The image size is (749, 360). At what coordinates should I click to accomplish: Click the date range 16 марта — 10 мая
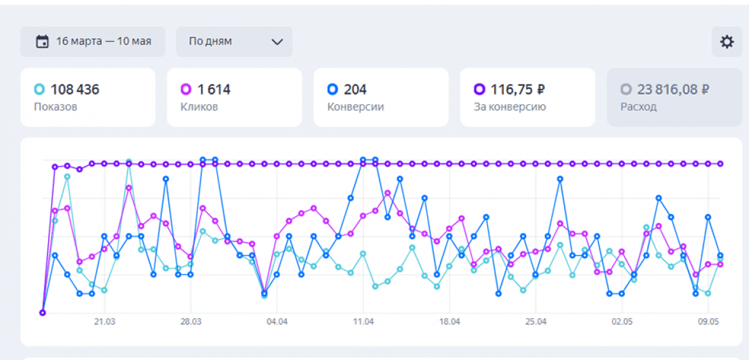tap(103, 42)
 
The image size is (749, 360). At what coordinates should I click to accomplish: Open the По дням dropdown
tap(234, 42)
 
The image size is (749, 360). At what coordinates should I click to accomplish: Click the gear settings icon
tap(727, 42)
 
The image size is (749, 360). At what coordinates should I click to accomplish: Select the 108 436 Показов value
tap(75, 90)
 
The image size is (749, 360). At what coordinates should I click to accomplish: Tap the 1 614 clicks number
tap(214, 90)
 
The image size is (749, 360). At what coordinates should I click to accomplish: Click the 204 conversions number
tap(355, 90)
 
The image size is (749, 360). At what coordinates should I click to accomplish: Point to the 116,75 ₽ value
tap(517, 90)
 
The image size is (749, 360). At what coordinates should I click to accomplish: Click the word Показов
tap(56, 107)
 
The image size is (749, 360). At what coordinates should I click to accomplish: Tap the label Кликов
tap(199, 107)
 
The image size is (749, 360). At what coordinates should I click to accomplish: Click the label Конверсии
tap(355, 107)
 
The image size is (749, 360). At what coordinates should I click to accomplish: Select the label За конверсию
tap(510, 107)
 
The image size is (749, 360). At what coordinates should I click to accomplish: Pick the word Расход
tap(638, 107)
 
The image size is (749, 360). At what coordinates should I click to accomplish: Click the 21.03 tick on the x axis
tap(104, 322)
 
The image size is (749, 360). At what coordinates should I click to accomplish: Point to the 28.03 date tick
tap(191, 322)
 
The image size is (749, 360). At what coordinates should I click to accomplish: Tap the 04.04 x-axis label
tap(277, 322)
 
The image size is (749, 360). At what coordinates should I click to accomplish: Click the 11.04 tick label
tap(363, 322)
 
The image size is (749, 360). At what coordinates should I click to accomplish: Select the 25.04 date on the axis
tap(536, 322)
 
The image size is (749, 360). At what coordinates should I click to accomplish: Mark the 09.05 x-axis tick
tap(708, 322)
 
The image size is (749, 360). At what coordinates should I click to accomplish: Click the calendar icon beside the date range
tap(42, 42)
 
